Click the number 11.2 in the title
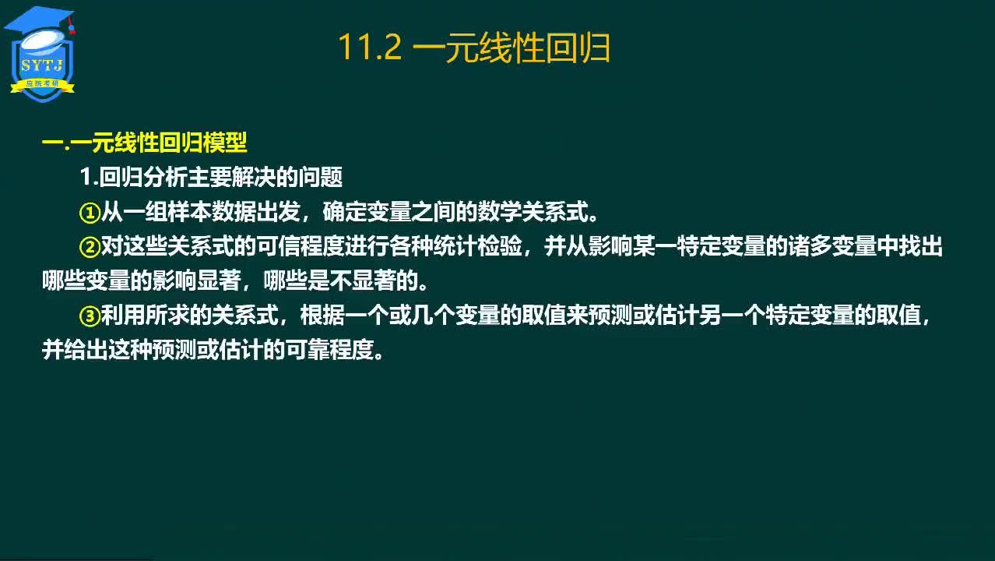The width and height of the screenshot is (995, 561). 370,48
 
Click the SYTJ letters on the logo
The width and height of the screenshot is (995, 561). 42,65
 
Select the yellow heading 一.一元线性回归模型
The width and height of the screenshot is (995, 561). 144,143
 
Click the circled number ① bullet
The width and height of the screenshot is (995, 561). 90,213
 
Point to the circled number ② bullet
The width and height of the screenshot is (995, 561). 90,247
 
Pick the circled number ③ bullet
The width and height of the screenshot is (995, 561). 90,316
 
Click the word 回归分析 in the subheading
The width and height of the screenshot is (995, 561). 142,177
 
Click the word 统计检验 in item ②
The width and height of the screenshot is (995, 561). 477,246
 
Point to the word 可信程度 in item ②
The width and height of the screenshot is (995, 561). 301,246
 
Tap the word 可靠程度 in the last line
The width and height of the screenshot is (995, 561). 329,351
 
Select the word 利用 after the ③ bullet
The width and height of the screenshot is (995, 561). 123,316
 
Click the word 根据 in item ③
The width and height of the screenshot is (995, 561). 322,316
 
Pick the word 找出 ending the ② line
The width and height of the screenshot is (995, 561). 920,246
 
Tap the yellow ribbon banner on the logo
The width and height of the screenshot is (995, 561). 43,85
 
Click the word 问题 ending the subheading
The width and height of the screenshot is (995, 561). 320,177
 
